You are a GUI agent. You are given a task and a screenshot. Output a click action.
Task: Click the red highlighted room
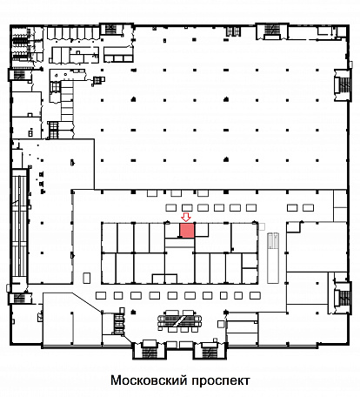187,230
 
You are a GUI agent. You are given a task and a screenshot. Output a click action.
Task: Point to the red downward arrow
185,217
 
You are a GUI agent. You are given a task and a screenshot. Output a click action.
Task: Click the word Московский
148,380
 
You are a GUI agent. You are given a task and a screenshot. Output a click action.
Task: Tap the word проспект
221,380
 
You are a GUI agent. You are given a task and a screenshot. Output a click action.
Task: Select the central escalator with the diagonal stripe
180,320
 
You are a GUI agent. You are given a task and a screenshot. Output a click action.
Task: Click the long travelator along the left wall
19,227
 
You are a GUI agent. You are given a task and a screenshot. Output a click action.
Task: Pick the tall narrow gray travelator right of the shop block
273,258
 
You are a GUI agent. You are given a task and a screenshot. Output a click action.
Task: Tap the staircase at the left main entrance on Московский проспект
150,351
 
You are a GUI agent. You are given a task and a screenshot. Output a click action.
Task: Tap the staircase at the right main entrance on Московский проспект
210,351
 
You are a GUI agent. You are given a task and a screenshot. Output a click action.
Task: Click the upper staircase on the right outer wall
343,84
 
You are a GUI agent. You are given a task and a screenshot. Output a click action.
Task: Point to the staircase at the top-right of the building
272,31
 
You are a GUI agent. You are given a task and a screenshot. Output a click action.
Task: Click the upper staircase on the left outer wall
19,75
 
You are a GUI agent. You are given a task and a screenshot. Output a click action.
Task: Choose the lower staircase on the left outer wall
20,299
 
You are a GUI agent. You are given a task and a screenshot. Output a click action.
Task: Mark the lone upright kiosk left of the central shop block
87,278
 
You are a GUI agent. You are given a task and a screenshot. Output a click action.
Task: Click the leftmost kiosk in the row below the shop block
101,295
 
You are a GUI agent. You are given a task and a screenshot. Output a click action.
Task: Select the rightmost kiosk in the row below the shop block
255,295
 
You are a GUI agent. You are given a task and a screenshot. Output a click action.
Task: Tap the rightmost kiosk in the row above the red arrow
308,207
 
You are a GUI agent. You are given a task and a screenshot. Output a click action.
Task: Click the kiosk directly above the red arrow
187,207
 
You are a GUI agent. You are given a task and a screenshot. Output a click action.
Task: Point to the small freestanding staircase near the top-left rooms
98,80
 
